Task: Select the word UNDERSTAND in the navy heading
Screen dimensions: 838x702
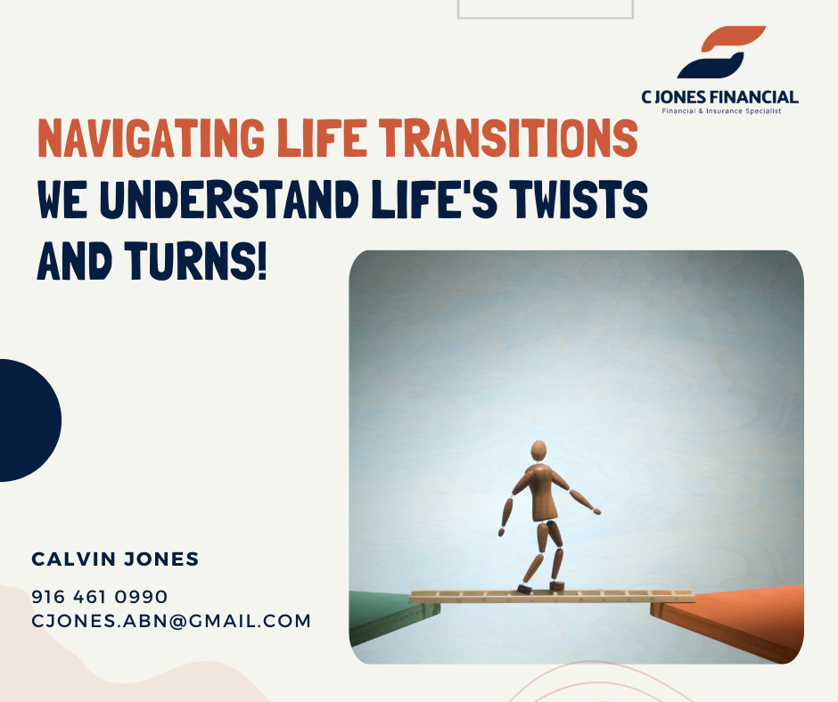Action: coord(229,200)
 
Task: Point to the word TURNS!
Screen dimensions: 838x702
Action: coord(195,261)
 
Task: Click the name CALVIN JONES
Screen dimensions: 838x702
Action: coord(115,559)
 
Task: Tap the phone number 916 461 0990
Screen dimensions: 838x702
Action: coord(100,597)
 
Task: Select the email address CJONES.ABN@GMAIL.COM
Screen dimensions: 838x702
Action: coord(171,621)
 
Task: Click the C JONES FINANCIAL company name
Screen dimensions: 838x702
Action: coord(720,97)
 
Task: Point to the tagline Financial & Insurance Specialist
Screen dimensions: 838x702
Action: coord(721,111)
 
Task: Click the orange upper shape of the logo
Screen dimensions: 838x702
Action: coord(733,38)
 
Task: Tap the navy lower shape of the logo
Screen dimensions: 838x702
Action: coord(711,66)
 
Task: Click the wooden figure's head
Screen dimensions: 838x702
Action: coord(538,451)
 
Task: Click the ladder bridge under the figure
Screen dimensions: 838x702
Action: coord(552,596)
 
